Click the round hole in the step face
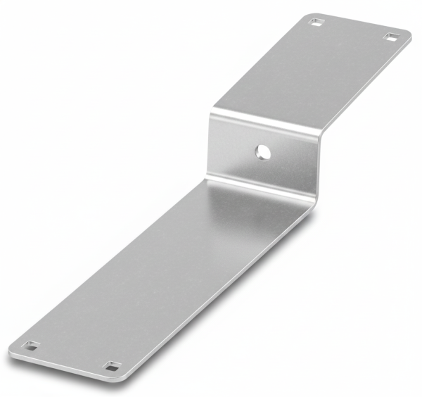262,150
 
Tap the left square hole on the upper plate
314,22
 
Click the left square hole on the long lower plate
30,346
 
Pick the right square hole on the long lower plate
112,366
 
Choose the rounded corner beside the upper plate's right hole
408,37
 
